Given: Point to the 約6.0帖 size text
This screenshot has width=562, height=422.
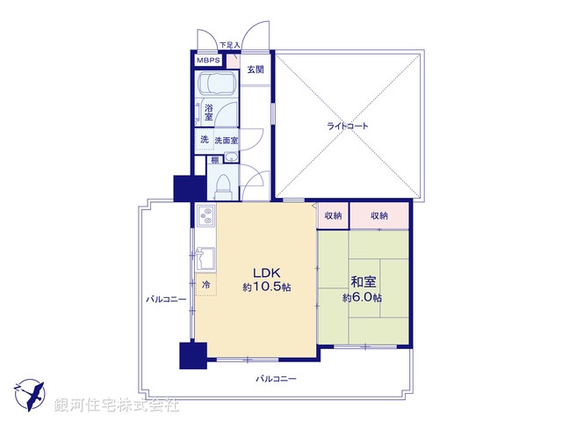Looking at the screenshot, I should tap(362, 297).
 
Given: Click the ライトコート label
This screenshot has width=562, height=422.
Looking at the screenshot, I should tap(349, 126).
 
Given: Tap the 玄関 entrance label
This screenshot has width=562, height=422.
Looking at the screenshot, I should tap(256, 69).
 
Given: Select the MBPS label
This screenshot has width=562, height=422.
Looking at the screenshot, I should tap(209, 61).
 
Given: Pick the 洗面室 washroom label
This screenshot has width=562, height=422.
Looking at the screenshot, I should tap(228, 141).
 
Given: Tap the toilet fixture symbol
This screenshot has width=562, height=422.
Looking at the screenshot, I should tap(222, 186).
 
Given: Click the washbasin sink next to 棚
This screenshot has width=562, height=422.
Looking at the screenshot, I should tap(230, 158).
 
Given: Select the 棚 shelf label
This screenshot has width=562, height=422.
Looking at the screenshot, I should tap(214, 160).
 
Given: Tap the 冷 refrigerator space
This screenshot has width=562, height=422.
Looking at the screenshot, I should tap(205, 285).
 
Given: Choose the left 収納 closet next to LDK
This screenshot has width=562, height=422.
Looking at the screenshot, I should tap(333, 215).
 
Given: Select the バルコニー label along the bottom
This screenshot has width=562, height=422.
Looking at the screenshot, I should tap(276, 379).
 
